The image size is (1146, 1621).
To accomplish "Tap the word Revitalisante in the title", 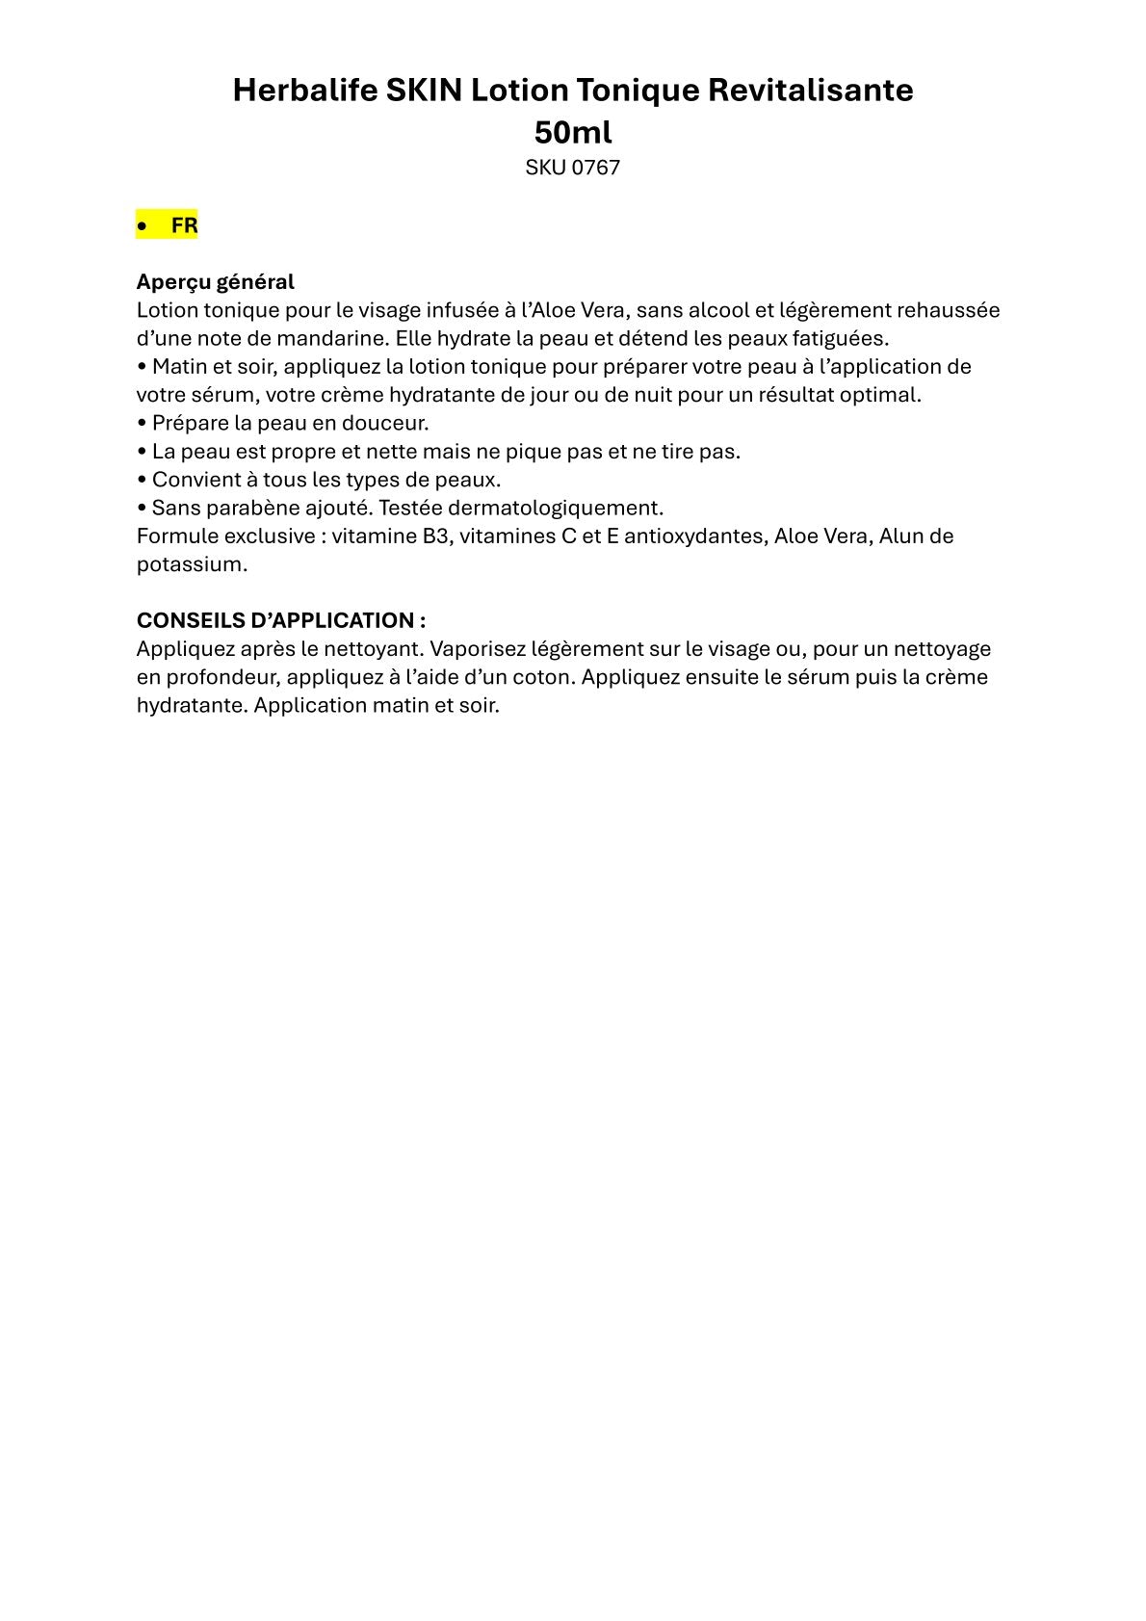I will (x=811, y=91).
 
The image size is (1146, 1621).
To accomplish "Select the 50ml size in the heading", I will (x=573, y=132).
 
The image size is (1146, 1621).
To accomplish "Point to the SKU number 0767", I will (x=596, y=168).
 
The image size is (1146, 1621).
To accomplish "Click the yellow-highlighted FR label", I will (x=184, y=225).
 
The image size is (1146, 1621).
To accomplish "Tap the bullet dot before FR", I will (x=143, y=226).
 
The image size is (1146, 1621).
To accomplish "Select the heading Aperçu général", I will (x=215, y=282).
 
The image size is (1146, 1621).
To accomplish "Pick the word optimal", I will (x=885, y=395).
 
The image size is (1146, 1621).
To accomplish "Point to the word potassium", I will (x=192, y=564).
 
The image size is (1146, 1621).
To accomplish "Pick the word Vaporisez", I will (x=478, y=648).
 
